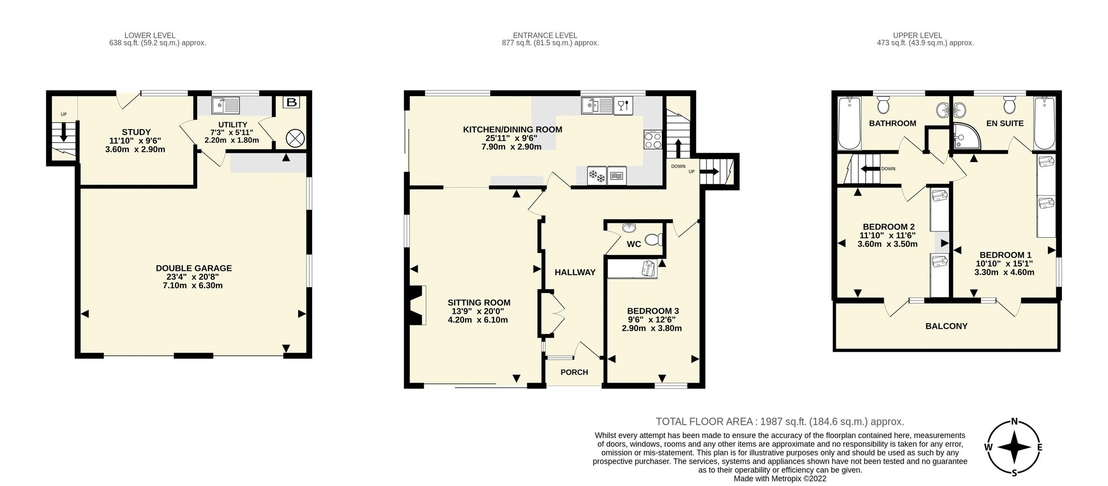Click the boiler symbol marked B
click(292, 102)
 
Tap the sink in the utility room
click(225, 105)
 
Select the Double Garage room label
click(193, 268)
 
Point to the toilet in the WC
click(653, 240)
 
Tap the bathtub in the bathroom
click(849, 124)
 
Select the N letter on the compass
click(1014, 421)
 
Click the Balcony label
click(946, 326)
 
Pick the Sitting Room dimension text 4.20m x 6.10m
click(478, 320)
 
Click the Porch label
click(574, 372)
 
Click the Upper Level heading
click(917, 35)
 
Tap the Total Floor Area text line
click(780, 421)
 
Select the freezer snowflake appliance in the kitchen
click(596, 175)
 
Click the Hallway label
click(575, 272)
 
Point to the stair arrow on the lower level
click(63, 132)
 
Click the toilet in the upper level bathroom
click(883, 105)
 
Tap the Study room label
click(136, 132)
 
